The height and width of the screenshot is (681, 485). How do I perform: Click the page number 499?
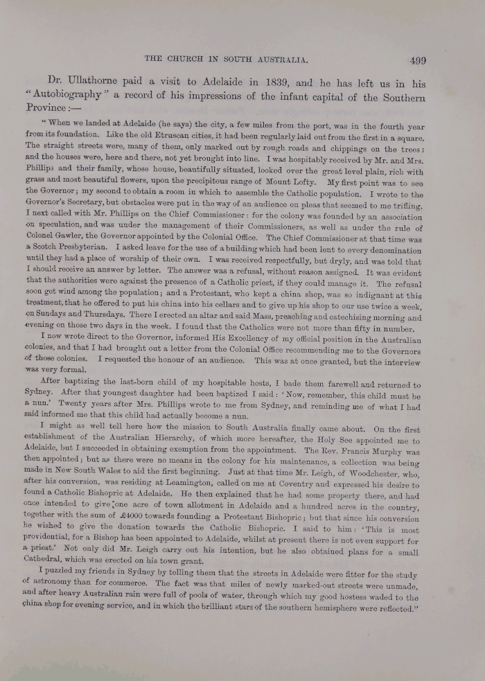pyautogui.click(x=418, y=60)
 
